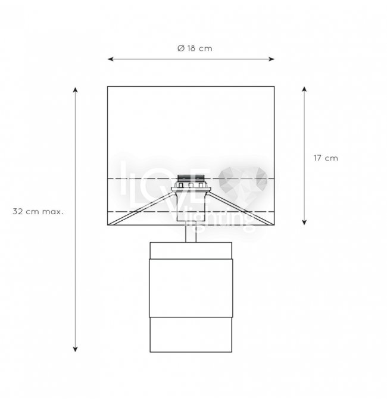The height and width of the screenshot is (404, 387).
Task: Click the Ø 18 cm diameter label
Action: pyautogui.click(x=195, y=48)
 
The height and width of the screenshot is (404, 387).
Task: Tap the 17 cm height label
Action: pyautogui.click(x=326, y=158)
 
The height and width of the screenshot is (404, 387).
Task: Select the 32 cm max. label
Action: pyautogui.click(x=38, y=211)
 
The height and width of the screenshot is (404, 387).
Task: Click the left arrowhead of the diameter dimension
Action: pyautogui.click(x=111, y=59)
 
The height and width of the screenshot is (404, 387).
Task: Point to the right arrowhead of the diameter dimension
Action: pyautogui.click(x=271, y=59)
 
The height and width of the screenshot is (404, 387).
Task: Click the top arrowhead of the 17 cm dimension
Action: pyautogui.click(x=304, y=90)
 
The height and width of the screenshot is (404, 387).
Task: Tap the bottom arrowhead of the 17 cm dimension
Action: pyautogui.click(x=304, y=222)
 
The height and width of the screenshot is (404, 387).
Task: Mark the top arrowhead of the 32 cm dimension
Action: pyautogui.click(x=75, y=90)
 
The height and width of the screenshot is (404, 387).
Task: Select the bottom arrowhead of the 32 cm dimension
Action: pyautogui.click(x=75, y=349)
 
